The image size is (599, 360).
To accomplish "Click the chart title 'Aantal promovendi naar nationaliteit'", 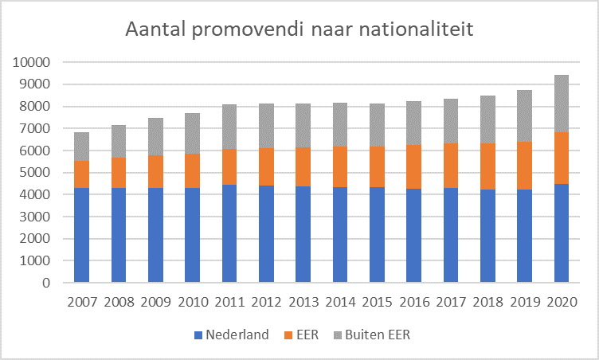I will point(299,31).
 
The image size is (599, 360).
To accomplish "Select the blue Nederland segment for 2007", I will point(81,235).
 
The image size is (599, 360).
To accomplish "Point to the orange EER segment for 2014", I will point(340,166).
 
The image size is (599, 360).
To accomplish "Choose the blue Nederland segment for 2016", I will point(414,236).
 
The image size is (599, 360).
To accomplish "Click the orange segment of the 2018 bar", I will point(487,166).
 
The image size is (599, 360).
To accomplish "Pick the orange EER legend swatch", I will point(289,335).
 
